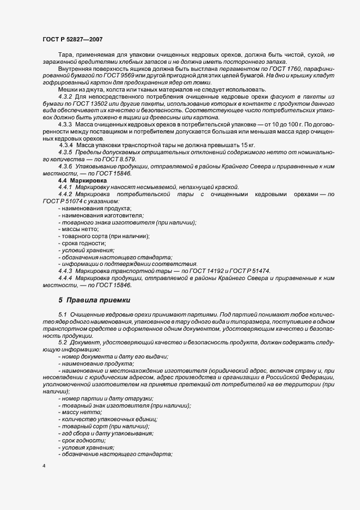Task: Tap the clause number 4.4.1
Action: (66, 187)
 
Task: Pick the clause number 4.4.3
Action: (66, 271)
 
